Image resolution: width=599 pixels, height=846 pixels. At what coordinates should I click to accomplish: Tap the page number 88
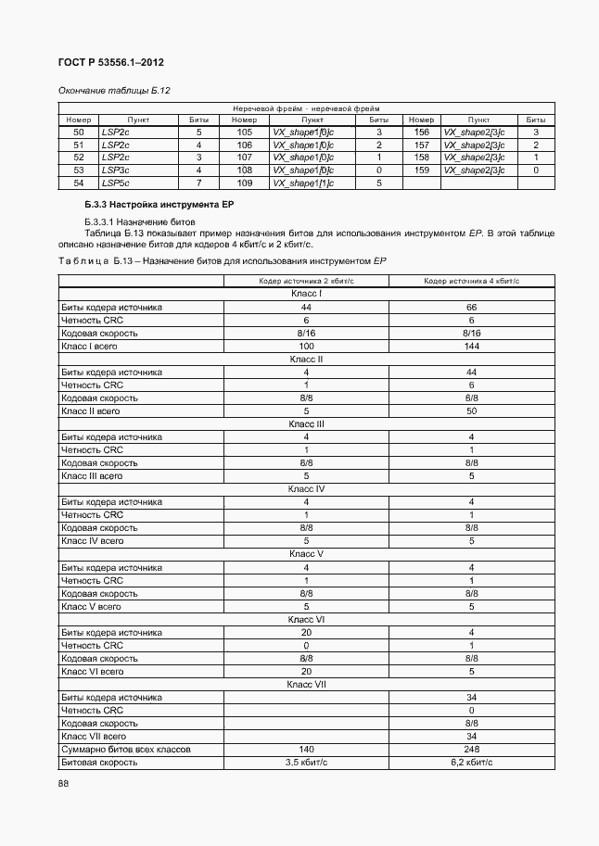click(x=64, y=784)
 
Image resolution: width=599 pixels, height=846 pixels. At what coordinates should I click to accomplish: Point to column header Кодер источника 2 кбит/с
click(x=306, y=281)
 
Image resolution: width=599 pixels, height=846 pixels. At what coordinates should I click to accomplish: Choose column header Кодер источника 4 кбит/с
click(x=471, y=281)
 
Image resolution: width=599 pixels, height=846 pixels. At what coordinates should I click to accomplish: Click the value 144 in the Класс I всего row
click(x=471, y=346)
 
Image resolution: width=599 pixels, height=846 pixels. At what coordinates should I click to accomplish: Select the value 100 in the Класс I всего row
click(x=306, y=346)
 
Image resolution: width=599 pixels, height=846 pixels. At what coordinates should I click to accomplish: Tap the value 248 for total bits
click(x=471, y=749)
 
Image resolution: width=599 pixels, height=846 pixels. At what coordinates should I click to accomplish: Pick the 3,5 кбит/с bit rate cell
click(x=306, y=762)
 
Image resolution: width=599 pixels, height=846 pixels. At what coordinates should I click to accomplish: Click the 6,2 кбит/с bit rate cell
click(x=471, y=762)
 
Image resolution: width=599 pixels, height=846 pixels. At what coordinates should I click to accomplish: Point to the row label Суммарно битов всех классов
click(x=121, y=749)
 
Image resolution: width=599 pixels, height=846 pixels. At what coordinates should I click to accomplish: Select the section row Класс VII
click(x=306, y=684)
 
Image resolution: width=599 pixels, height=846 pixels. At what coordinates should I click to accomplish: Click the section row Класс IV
click(x=306, y=488)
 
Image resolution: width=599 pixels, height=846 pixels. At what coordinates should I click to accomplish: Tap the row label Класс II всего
click(x=91, y=410)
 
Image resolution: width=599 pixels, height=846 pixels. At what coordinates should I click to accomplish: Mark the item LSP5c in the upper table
click(x=114, y=183)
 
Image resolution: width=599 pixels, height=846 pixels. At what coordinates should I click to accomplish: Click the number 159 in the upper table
click(x=421, y=170)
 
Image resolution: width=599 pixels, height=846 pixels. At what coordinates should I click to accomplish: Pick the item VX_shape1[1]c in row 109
click(x=302, y=183)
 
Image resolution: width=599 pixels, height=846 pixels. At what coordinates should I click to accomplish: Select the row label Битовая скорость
click(x=99, y=762)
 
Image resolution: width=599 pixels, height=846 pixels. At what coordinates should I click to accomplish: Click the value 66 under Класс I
click(x=471, y=307)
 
